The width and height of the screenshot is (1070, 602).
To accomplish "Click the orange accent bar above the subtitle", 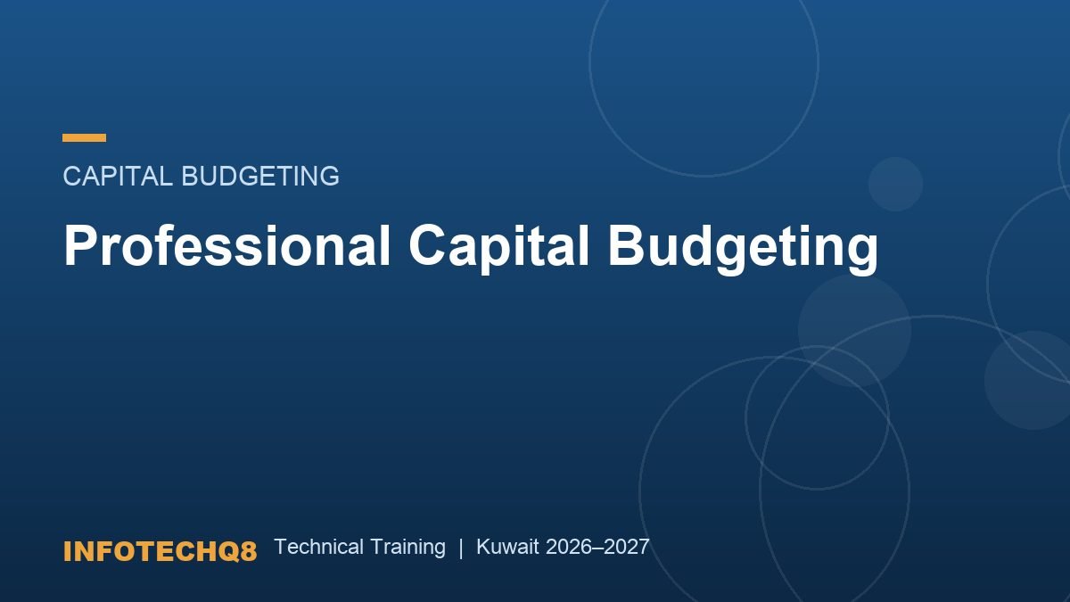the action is pos(84,137).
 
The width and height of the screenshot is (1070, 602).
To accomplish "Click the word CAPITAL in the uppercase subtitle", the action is pos(118,176).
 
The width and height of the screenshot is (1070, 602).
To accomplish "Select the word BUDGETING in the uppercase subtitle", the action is pos(260,176).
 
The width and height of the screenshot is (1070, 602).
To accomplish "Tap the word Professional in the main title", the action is pos(226,244).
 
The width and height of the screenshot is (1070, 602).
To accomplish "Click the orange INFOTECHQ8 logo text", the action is pos(160,551).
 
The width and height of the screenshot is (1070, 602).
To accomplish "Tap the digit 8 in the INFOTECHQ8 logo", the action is pos(249,551).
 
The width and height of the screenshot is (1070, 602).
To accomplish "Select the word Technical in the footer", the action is pos(318,547).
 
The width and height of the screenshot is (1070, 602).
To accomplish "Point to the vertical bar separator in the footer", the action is pos(461,548).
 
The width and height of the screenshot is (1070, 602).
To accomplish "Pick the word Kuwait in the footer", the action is pos(507,547).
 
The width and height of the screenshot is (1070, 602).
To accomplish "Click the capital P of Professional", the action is pos(78,244).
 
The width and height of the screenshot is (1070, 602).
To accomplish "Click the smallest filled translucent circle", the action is pos(895,184).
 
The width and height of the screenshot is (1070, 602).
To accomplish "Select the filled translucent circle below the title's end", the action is pos(854,330).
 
